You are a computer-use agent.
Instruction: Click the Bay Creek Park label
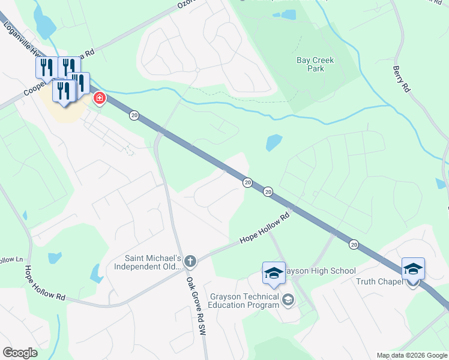(315, 64)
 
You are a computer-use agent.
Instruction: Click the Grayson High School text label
(321, 271)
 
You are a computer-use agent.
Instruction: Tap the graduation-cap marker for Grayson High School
(274, 274)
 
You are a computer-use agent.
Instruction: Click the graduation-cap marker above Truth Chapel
(413, 269)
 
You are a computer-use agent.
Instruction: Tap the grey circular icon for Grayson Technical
(288, 299)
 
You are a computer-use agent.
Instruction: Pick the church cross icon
(190, 261)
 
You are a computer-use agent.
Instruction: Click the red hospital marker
(99, 98)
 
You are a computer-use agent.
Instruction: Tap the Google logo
(20, 352)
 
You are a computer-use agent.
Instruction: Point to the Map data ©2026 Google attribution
(411, 355)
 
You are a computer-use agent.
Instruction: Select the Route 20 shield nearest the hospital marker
(134, 115)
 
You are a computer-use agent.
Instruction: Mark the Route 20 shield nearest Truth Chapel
(354, 244)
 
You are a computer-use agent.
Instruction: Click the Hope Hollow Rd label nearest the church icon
(265, 230)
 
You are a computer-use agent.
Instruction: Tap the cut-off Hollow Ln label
(11, 260)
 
